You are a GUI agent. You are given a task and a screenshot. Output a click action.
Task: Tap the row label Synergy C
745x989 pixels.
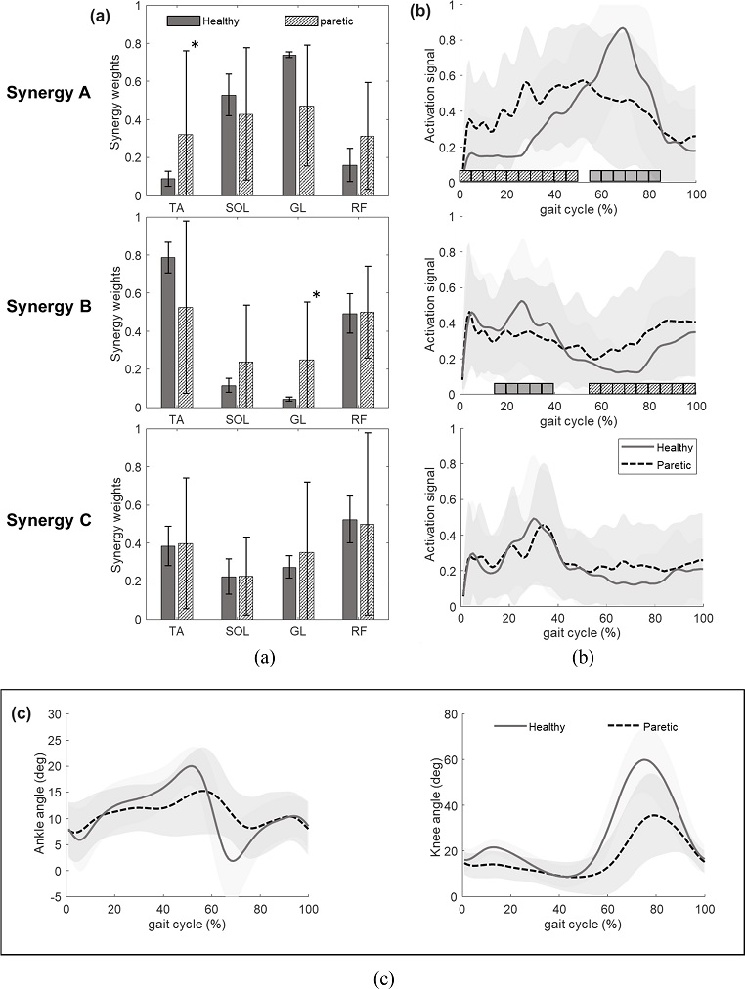click(60, 519)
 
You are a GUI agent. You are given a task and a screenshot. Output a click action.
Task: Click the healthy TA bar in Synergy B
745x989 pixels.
click(167, 332)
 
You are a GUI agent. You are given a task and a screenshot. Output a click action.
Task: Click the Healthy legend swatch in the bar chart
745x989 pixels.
click(184, 20)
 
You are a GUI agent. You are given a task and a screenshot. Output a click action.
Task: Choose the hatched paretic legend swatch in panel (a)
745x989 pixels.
click(297, 20)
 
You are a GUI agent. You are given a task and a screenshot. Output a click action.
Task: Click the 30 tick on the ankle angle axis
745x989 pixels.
click(55, 714)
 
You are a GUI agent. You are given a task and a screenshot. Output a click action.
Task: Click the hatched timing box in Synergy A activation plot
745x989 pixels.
click(518, 176)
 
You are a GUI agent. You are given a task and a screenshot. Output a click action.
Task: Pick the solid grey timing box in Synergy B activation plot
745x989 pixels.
click(524, 388)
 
